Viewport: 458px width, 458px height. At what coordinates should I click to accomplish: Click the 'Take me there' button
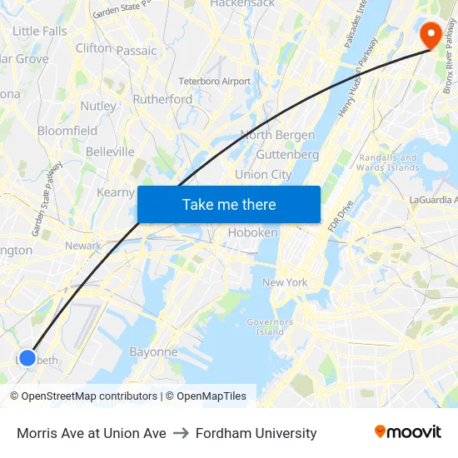coord(228,204)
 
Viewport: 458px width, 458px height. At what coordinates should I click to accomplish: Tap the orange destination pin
coord(431,34)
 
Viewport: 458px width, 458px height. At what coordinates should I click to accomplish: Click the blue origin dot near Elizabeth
coord(27,358)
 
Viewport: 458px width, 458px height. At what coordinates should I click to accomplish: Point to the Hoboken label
coord(252,232)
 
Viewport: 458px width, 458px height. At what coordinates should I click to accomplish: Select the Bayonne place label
coord(153,351)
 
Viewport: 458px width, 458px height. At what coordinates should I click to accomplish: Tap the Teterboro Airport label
coord(214,82)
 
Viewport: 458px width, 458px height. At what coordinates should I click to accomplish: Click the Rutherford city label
coord(162,99)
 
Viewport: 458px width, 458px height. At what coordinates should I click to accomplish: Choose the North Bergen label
coord(277,135)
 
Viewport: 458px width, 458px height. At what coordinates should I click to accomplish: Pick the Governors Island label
coord(270,326)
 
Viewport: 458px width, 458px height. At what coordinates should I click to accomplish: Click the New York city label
coord(285,282)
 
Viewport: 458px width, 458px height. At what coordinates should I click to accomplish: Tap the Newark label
coord(82,246)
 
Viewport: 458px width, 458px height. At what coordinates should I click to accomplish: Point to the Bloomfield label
coord(67,131)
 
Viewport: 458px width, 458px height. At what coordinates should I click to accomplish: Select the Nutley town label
coord(98,106)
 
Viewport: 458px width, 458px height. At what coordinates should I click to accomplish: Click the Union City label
coord(263,174)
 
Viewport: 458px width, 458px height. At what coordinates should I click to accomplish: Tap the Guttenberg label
coord(287,154)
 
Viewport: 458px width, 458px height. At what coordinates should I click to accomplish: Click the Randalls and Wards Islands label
coord(387,162)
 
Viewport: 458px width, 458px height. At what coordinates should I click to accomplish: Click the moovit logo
coord(408,432)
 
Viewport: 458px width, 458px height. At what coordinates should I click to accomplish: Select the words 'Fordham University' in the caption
coord(256,433)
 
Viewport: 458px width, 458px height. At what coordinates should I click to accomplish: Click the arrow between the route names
coord(181,433)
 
